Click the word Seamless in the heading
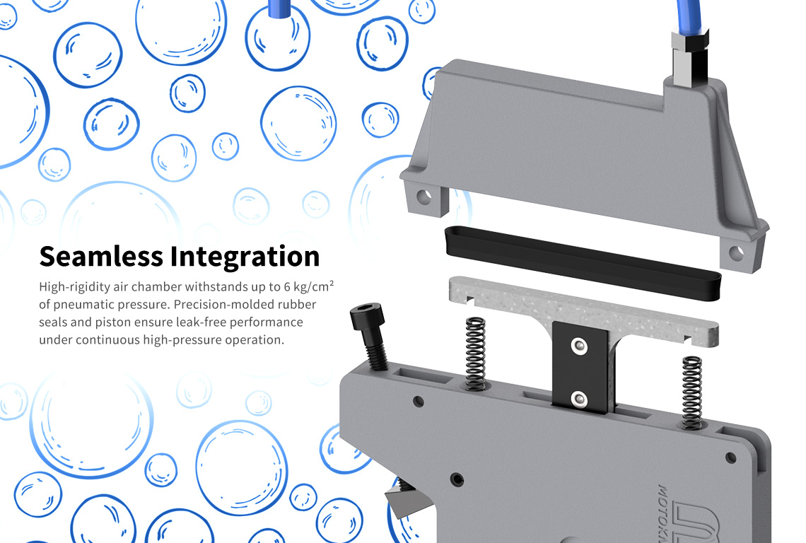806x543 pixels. coord(100,256)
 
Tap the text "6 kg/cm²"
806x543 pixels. coord(309,286)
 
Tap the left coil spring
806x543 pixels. coord(476,354)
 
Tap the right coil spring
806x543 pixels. coord(692,392)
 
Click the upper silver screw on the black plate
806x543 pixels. coord(579,346)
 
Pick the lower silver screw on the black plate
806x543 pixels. coord(579,399)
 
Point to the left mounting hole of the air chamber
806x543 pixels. coord(424,197)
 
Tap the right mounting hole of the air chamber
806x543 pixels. coord(736,252)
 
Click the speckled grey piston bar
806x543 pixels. coord(583,312)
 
